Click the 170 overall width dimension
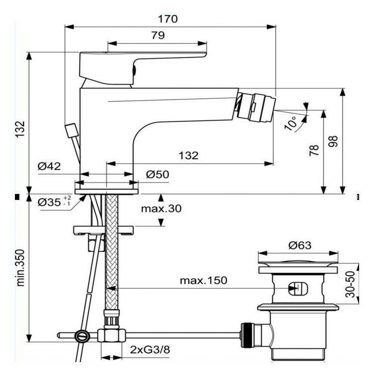coord(168,19)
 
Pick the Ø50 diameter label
coord(158,175)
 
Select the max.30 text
coord(161,209)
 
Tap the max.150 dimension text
coord(203,280)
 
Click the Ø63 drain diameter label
coord(299,246)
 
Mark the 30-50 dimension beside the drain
coord(351,284)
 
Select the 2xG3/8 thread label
coord(150,350)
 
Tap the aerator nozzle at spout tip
coord(257,105)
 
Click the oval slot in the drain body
coord(295,288)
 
